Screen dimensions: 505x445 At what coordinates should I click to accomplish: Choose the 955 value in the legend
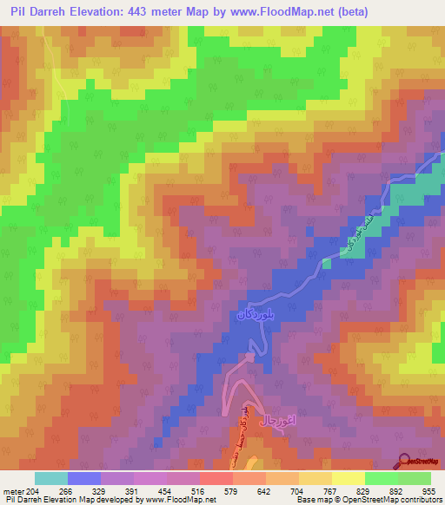click(x=428, y=491)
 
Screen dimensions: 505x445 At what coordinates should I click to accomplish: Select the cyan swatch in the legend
click(x=51, y=478)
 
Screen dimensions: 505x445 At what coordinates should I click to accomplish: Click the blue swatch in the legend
click(x=84, y=478)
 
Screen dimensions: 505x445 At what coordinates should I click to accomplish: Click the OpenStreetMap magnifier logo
click(x=403, y=461)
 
